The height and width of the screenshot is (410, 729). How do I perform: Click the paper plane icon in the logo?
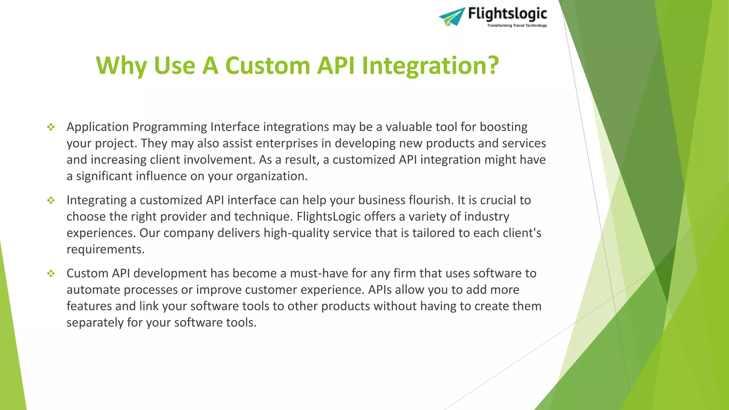(x=451, y=17)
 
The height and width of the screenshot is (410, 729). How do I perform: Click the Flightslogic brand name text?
(x=507, y=14)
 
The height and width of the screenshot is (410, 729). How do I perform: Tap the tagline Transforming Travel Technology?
(x=517, y=26)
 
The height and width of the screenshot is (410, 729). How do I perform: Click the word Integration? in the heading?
(x=430, y=66)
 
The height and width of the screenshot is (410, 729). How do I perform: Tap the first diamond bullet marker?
(x=51, y=127)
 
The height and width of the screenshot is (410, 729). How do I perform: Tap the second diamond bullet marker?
(x=51, y=200)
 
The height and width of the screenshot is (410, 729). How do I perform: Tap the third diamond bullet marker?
(x=51, y=273)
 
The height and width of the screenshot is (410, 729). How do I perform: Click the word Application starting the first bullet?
(x=98, y=127)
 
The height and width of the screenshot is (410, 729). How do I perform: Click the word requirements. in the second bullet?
(x=105, y=249)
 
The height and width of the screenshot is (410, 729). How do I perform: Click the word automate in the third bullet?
(x=93, y=290)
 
